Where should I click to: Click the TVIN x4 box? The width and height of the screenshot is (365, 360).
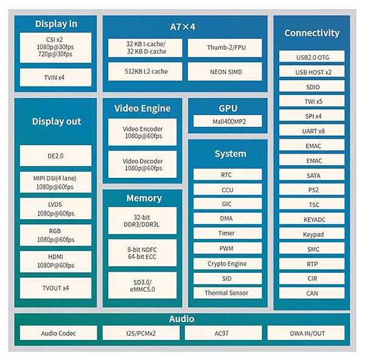point(55,77)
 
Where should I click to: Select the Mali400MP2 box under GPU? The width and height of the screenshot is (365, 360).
point(228,121)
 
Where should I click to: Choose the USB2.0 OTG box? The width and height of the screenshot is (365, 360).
point(311,57)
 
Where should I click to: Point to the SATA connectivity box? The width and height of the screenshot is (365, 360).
point(311,175)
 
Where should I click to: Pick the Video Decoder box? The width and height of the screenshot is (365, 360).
point(143,164)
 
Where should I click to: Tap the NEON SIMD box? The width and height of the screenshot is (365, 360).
point(225,72)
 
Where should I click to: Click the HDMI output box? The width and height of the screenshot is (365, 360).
point(55,261)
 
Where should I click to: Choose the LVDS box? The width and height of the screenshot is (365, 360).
point(55,208)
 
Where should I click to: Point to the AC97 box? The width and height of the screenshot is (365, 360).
point(223,333)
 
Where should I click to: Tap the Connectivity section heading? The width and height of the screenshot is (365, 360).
point(311,33)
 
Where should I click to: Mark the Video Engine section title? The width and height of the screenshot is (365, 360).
point(142,108)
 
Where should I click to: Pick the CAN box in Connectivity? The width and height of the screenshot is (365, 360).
point(311,293)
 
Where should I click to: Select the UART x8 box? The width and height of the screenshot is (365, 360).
point(311,130)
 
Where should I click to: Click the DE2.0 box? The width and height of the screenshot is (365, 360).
point(55,155)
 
